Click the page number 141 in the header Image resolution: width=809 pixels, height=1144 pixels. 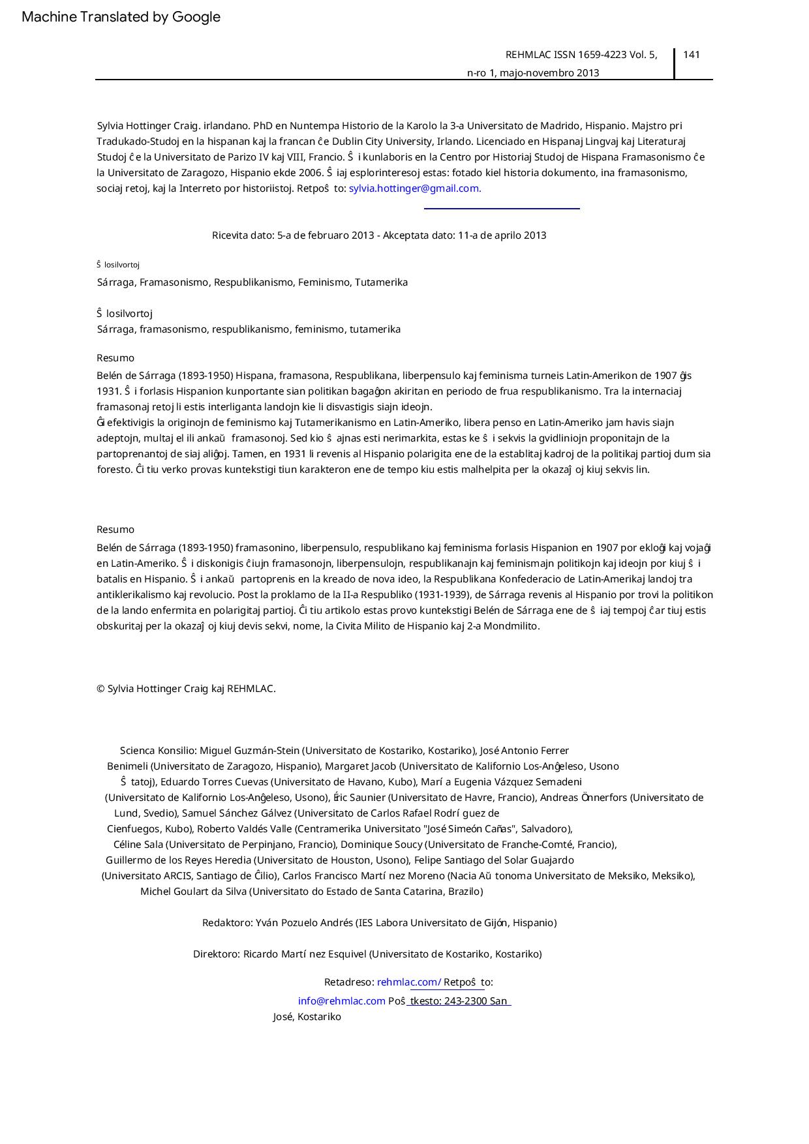[x=692, y=55]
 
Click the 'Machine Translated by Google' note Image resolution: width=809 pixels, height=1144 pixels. [x=121, y=17]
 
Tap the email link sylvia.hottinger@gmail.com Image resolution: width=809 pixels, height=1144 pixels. [x=414, y=188]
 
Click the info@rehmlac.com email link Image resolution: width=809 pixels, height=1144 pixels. [x=341, y=1001]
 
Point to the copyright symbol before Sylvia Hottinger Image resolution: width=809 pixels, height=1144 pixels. [x=100, y=689]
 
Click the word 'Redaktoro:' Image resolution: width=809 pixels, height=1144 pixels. [x=227, y=923]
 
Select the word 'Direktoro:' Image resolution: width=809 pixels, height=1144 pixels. [x=217, y=954]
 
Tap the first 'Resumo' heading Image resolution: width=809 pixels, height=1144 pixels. [x=115, y=358]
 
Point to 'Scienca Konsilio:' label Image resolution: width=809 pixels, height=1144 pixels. [x=159, y=751]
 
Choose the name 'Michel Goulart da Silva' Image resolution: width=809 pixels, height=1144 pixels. [x=193, y=892]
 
